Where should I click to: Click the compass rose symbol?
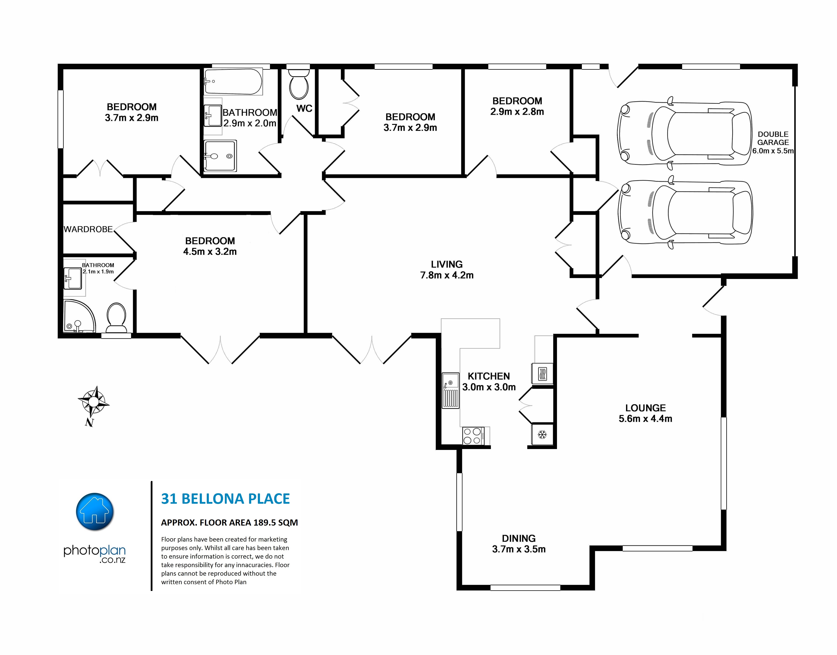(x=93, y=402)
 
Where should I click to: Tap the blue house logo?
(x=95, y=512)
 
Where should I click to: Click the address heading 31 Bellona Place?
(x=225, y=498)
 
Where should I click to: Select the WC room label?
(x=304, y=108)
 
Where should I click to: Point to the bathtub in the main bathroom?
(x=233, y=81)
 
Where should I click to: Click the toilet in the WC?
(x=299, y=84)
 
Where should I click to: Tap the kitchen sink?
(x=451, y=390)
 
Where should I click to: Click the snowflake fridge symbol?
(x=542, y=434)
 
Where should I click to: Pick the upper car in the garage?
(x=685, y=133)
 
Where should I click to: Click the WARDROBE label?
(x=88, y=229)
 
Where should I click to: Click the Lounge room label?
(x=646, y=408)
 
